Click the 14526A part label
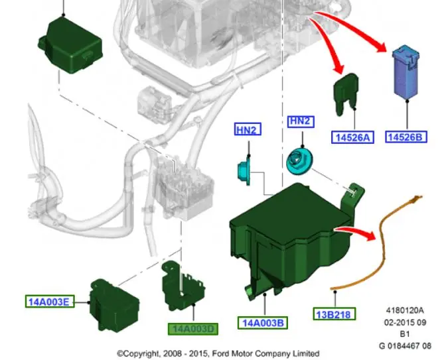click(x=353, y=137)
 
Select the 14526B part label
click(x=405, y=137)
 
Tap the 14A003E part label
click(x=48, y=302)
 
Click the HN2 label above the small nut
click(x=246, y=130)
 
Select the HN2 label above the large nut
click(x=299, y=121)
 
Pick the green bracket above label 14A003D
click(x=180, y=285)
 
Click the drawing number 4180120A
click(x=405, y=310)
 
